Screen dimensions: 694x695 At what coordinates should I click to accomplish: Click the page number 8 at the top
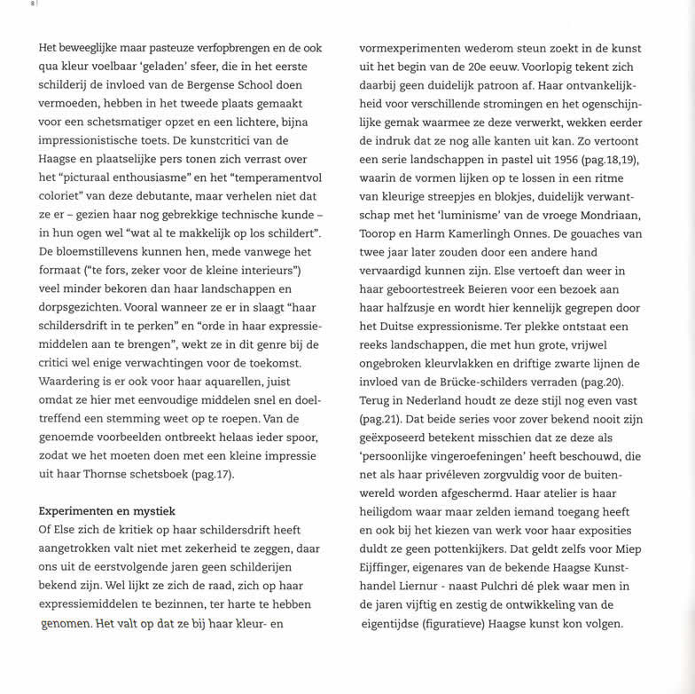tap(33, 4)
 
